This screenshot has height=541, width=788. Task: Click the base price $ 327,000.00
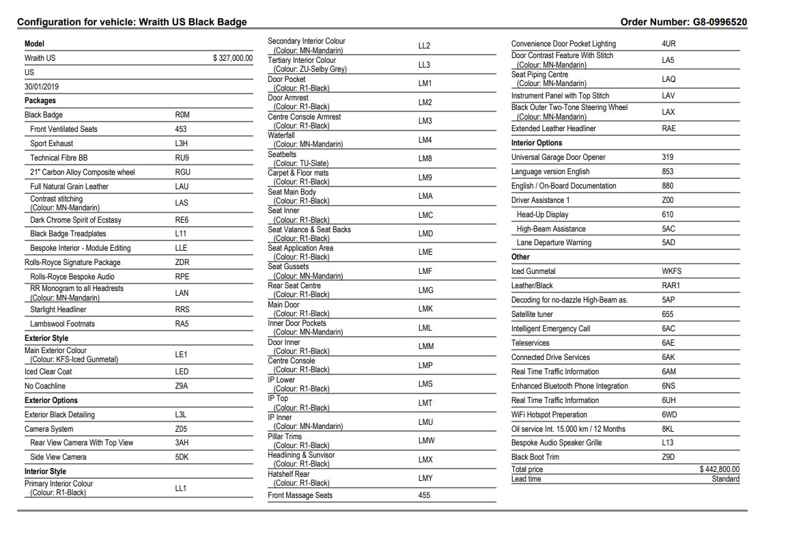click(x=233, y=58)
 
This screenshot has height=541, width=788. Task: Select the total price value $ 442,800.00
click(x=720, y=469)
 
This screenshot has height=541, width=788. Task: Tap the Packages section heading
click(x=40, y=100)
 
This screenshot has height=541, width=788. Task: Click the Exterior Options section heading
click(x=51, y=400)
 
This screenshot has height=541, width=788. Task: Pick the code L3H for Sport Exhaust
click(x=182, y=143)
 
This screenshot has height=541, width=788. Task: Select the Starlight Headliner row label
click(x=58, y=309)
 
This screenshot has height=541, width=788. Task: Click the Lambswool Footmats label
click(x=62, y=324)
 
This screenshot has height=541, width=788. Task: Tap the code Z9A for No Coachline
click(x=182, y=386)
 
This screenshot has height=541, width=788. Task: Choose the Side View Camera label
click(x=58, y=457)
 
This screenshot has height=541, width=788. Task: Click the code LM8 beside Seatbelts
click(x=425, y=158)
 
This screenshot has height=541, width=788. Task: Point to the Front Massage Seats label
click(x=300, y=495)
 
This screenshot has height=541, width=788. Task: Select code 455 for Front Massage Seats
click(x=424, y=495)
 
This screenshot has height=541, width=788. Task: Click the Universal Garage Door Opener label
click(x=558, y=157)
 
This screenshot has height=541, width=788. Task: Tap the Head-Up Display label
click(x=542, y=214)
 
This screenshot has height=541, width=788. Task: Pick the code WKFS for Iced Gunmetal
click(x=671, y=271)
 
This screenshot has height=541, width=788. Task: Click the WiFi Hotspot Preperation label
click(x=549, y=415)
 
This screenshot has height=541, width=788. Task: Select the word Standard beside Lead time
click(x=725, y=479)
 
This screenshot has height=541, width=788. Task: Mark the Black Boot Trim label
click(x=535, y=457)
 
